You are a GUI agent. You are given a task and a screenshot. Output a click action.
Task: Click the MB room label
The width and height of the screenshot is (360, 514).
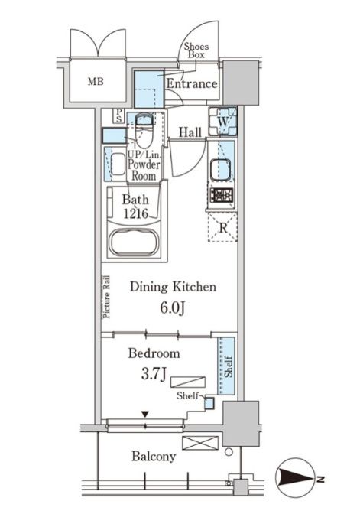coord(96,81)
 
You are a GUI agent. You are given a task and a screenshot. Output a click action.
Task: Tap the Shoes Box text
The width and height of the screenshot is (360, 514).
coord(196,50)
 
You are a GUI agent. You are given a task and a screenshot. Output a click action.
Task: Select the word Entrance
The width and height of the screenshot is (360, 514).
coord(192,83)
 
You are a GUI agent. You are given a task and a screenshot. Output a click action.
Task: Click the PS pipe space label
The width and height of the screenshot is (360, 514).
coord(118,115)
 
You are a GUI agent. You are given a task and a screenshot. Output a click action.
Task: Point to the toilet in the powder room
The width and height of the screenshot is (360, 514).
coord(144,130)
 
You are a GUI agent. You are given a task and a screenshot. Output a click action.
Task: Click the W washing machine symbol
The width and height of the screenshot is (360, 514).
coord(222,122)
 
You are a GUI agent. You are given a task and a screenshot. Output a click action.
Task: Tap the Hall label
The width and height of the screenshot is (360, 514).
coord(190,132)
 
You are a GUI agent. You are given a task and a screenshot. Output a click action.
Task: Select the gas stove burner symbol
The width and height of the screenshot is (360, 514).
coord(222,195)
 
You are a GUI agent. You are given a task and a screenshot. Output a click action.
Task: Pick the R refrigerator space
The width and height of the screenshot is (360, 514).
coord(222,227)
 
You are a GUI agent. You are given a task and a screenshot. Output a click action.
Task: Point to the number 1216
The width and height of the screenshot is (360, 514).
coord(136,213)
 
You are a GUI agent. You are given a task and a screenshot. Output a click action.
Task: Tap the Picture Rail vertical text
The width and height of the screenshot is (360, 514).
coord(107,297)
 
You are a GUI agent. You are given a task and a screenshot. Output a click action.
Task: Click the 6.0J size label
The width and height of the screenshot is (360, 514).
coord(173,307)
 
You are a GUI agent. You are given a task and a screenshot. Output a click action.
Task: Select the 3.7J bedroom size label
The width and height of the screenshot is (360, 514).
coord(154,373)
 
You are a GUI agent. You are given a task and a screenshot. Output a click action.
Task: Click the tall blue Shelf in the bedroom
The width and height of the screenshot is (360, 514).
coord(226,366)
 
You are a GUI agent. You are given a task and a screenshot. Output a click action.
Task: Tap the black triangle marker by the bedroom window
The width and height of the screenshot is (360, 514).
coord(145,415)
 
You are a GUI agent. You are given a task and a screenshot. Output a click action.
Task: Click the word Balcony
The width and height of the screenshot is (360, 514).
coord(154,457)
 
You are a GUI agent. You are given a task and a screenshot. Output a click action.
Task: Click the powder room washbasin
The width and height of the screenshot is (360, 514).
coord(118,164)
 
